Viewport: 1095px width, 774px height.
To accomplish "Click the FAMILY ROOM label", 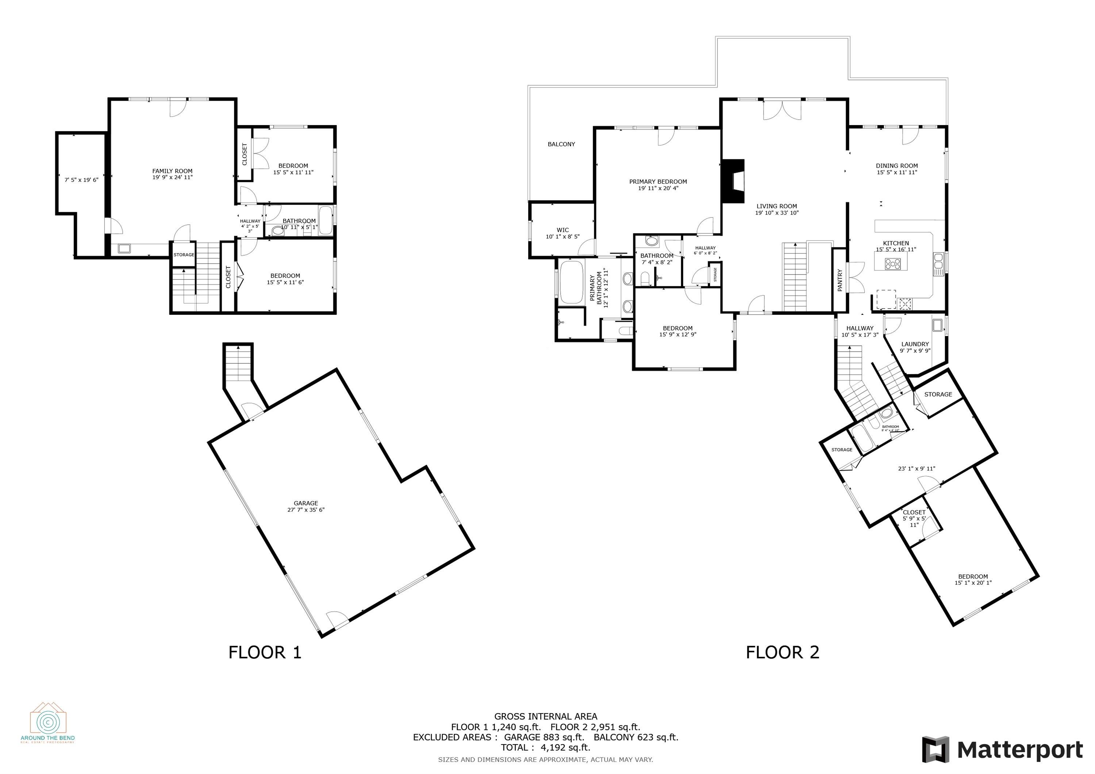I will click(172, 171).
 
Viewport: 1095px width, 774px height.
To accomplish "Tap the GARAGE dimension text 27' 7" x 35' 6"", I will click(306, 510).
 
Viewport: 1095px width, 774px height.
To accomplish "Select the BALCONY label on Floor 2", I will click(561, 144).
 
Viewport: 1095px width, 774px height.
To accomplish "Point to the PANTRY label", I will click(840, 280).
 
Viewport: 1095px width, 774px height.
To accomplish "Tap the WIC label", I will click(563, 230).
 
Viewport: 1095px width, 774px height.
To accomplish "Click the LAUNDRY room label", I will click(915, 344).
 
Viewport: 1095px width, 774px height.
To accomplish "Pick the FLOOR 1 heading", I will click(265, 652).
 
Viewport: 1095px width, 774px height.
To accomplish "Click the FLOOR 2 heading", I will click(782, 652).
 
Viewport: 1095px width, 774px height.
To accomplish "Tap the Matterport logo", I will click(1002, 750).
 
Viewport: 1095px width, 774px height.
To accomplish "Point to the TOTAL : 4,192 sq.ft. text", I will click(545, 747).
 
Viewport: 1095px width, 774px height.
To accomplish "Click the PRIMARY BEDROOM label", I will click(658, 182).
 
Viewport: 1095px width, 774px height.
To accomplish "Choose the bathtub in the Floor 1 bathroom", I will click(326, 220).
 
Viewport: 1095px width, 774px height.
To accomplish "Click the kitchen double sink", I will click(938, 264).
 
